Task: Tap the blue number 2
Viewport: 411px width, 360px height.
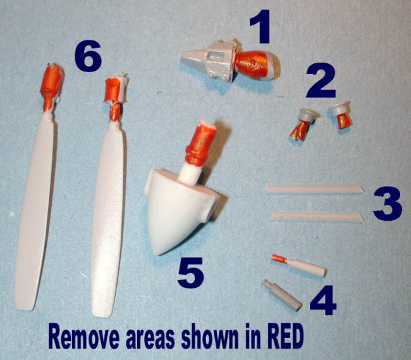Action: pos(321,81)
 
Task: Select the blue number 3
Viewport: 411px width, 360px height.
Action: pos(388,204)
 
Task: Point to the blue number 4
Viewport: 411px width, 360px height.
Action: pos(323,301)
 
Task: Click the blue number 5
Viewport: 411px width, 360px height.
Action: pos(190,272)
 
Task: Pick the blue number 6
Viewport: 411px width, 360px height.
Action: pos(87,57)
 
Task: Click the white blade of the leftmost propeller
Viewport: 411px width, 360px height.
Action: pos(34,213)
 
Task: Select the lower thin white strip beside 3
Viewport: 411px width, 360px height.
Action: pos(317,216)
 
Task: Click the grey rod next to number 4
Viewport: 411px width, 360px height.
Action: pos(282,294)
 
